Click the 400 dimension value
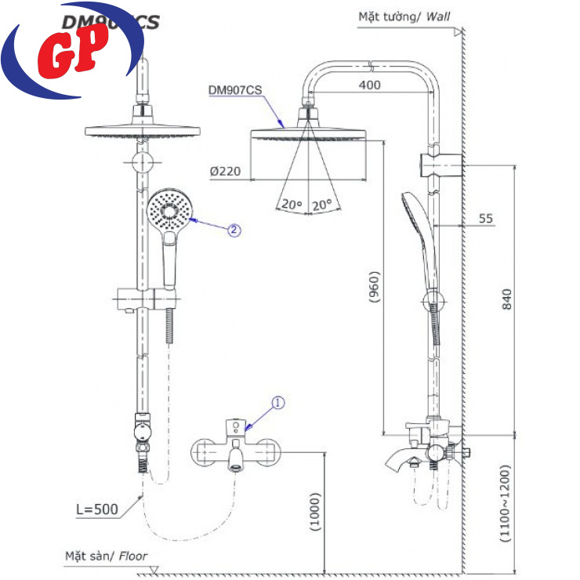tap(373, 85)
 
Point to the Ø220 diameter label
tap(226, 170)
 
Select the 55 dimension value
tap(486, 219)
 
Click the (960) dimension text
tap(374, 291)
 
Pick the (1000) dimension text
tap(314, 513)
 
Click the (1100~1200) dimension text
tap(506, 505)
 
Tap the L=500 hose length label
tap(96, 509)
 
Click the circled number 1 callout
tap(278, 403)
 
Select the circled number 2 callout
tap(234, 230)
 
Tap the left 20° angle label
tap(292, 205)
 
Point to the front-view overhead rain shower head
tap(142, 130)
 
